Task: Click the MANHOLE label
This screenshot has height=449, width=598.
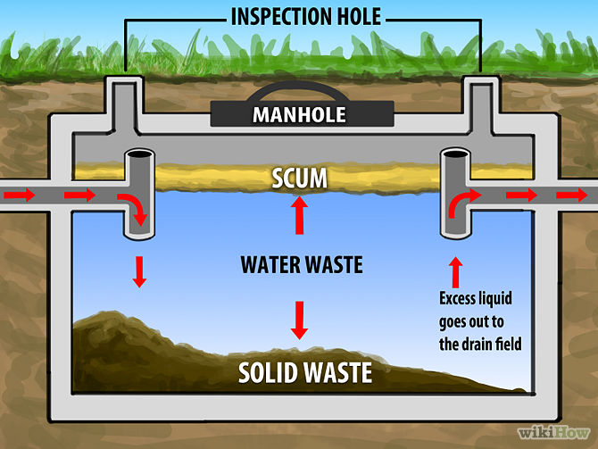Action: (x=299, y=114)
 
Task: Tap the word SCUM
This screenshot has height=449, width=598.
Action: (x=299, y=179)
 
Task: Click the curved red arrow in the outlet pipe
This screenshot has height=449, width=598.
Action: (x=458, y=204)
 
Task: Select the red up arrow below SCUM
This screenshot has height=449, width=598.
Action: (x=300, y=215)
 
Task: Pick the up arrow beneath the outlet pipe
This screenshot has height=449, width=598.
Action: (x=457, y=269)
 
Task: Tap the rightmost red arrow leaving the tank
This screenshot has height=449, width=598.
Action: (x=572, y=195)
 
